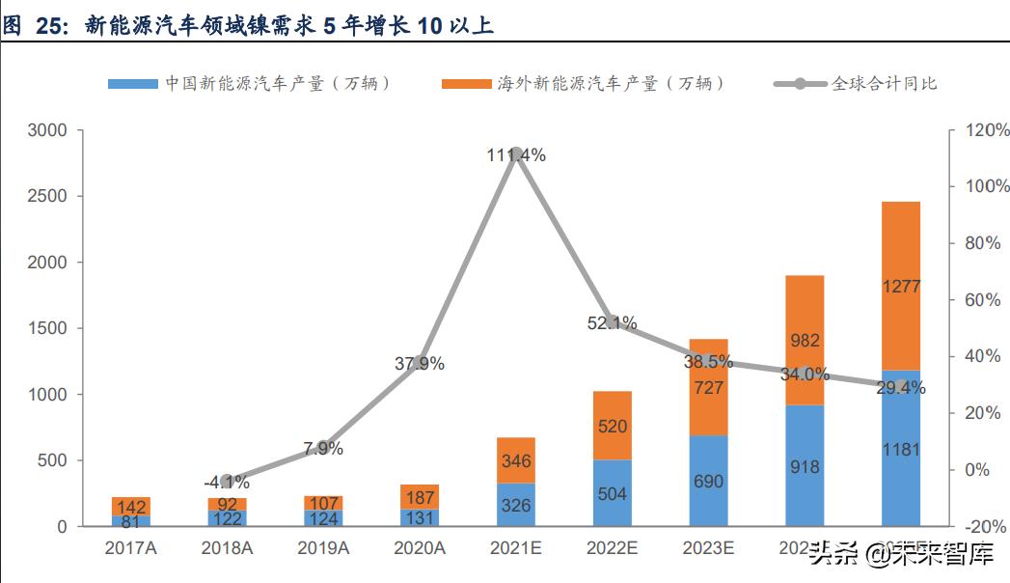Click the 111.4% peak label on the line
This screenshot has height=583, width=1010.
coord(516,154)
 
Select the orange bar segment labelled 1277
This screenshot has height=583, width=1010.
coord(901,286)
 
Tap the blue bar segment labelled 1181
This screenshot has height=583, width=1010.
coord(901,448)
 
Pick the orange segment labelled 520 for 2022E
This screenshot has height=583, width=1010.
coord(612,426)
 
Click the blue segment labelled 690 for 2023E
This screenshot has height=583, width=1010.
coord(708,481)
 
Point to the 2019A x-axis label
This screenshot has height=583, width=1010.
coord(323,549)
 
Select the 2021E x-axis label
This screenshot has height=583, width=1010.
coord(516,549)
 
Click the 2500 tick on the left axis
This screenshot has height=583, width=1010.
coord(48,196)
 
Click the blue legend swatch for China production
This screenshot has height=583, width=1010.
coord(132,84)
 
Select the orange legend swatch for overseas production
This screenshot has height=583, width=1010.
coord(466,84)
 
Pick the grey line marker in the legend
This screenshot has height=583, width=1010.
coord(799,84)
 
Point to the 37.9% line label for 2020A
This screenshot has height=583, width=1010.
coord(420,364)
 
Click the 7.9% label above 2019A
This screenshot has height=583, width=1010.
coord(323,449)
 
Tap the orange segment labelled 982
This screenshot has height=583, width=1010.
coord(805,340)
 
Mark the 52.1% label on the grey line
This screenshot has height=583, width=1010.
coord(612,323)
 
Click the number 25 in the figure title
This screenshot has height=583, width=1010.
coord(49,26)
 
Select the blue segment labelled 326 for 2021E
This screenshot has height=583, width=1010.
coord(516,504)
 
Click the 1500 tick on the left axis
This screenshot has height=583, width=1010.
coord(48,328)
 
